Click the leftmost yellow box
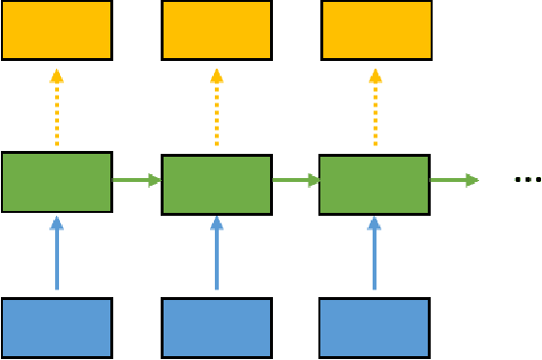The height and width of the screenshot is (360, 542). (56, 30)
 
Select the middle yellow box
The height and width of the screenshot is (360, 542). (216, 30)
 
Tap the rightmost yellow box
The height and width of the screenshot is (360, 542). (376, 30)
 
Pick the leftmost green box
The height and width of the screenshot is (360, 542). (56, 181)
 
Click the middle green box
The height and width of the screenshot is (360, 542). (216, 184)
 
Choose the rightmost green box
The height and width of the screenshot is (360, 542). (375, 184)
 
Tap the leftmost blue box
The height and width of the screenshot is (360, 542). (56, 327)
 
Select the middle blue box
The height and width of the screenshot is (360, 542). (216, 327)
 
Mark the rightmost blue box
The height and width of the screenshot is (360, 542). (375, 327)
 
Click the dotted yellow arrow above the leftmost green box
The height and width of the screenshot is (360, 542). (56, 107)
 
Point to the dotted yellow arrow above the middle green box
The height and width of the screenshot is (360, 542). (216, 107)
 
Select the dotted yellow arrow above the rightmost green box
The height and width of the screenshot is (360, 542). (376, 107)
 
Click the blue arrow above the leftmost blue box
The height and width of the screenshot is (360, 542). (56, 253)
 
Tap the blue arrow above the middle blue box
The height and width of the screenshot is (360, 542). (216, 253)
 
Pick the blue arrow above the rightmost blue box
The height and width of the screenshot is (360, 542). (375, 253)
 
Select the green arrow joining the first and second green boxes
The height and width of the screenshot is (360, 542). (136, 180)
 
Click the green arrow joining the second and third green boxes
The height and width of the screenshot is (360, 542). (296, 180)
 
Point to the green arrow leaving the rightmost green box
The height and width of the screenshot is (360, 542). (454, 180)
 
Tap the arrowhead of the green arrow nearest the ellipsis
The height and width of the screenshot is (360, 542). (471, 180)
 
